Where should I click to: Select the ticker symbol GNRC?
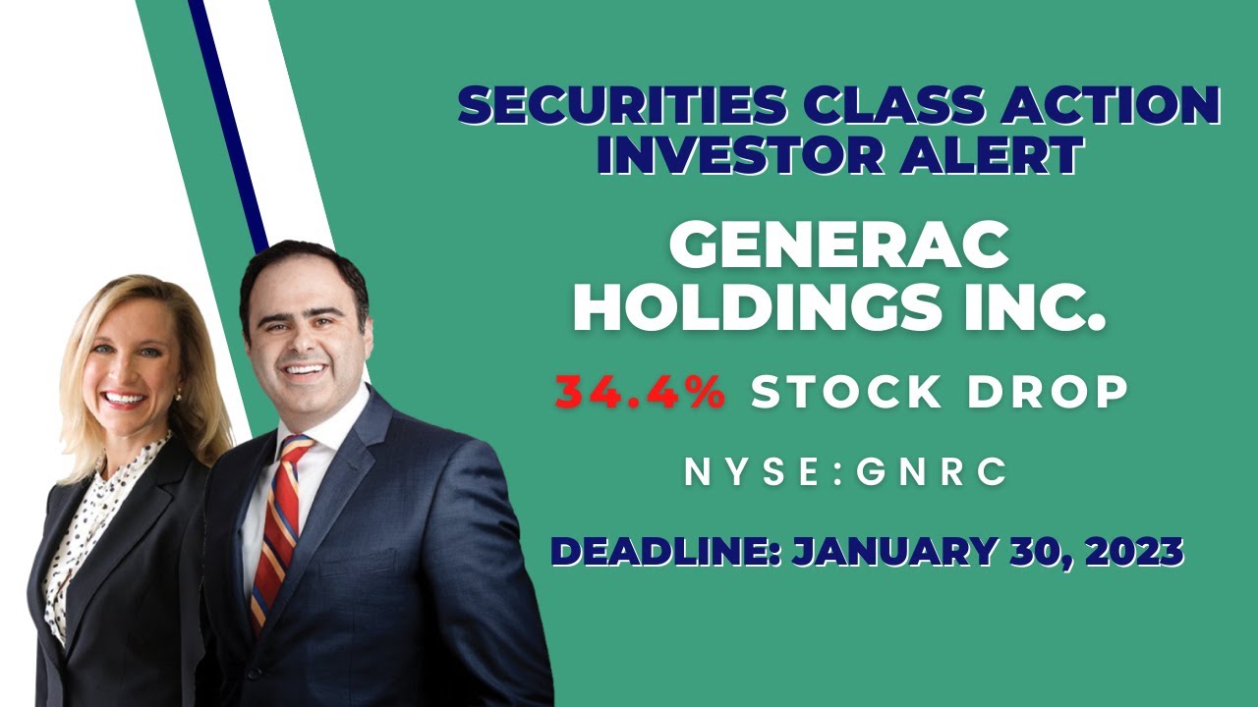[933, 473]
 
